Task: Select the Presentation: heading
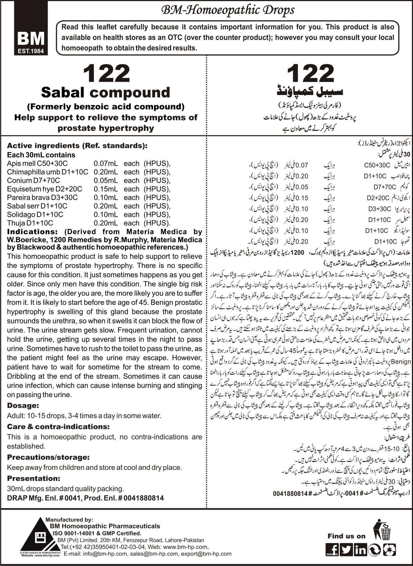point(34,478)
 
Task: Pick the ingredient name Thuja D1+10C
point(30,223)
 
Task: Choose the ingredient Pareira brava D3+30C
point(42,198)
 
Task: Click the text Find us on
point(346,536)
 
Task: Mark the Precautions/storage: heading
point(48,457)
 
